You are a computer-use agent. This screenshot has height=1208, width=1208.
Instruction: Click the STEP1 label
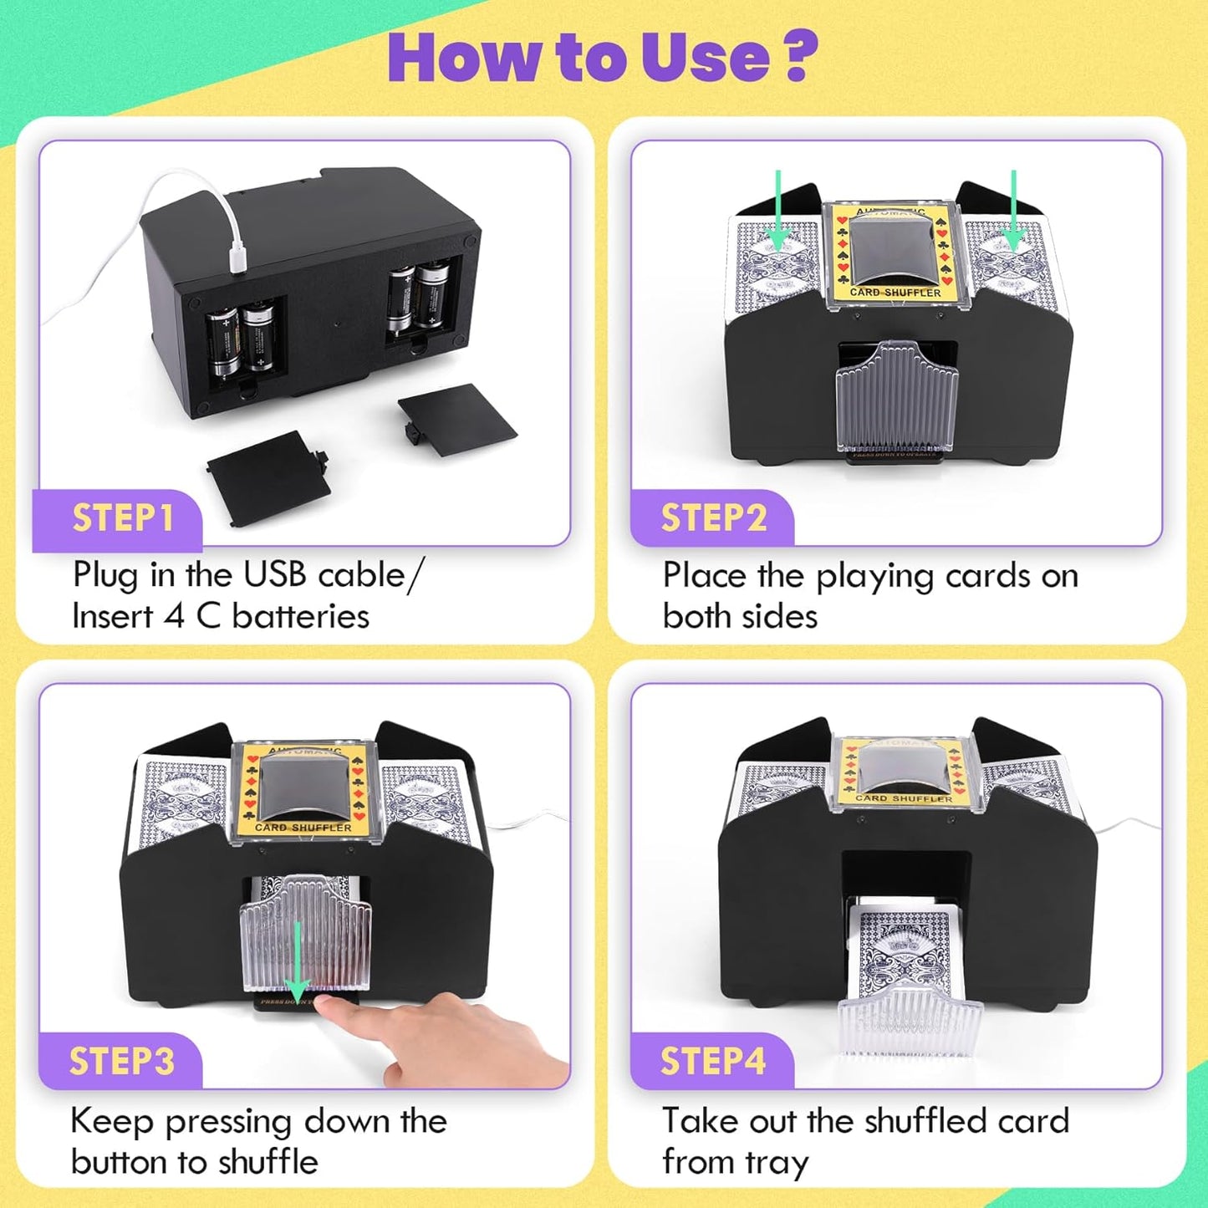[122, 518]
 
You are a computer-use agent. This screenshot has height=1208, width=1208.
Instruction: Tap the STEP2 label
[713, 518]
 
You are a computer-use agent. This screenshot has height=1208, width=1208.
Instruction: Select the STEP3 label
[121, 1062]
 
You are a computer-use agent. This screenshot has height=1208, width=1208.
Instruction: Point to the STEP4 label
[712, 1062]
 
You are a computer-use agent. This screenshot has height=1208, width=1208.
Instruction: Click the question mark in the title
[801, 57]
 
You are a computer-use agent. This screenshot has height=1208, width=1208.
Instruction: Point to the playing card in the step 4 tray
[905, 953]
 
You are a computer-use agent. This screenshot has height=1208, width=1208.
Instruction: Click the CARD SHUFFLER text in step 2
[895, 293]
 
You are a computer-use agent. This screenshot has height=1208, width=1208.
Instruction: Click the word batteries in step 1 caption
[300, 617]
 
